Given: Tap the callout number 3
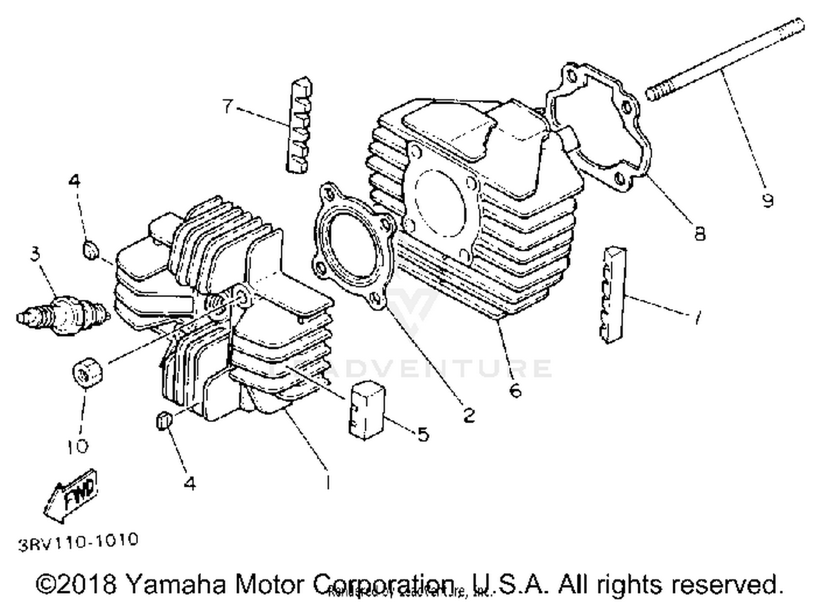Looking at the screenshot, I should (x=36, y=254).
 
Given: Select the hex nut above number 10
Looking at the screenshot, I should (x=88, y=374).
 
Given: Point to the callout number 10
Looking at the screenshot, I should (x=78, y=447).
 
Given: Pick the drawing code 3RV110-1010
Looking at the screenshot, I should (x=78, y=542).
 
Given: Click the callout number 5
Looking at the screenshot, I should (x=423, y=434).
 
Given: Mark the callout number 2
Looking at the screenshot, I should (x=469, y=415).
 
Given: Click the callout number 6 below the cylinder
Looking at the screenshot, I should (x=515, y=390).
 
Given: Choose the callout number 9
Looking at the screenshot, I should (x=768, y=200).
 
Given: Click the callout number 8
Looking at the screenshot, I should (x=699, y=233).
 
